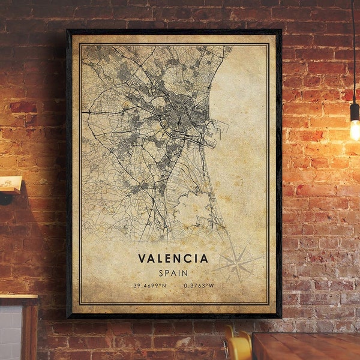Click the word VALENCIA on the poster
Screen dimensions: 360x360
(173, 259)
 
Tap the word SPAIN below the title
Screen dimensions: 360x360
(173, 272)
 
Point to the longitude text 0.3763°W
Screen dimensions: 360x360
(199, 286)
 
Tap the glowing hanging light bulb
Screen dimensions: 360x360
(355, 130)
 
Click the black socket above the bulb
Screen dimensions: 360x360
(355, 112)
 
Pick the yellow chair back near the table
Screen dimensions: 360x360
(238, 347)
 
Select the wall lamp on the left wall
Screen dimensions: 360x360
(10, 184)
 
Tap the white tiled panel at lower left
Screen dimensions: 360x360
(10, 333)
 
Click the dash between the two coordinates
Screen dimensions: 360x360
(173, 286)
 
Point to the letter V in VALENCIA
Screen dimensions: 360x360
(142, 259)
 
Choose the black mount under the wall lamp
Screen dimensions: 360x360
(6, 199)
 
